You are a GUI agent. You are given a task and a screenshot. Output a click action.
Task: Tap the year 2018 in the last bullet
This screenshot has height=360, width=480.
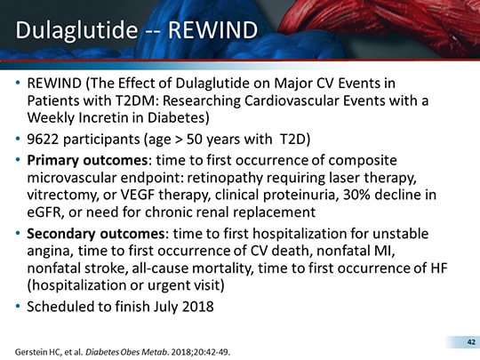(195, 312)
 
